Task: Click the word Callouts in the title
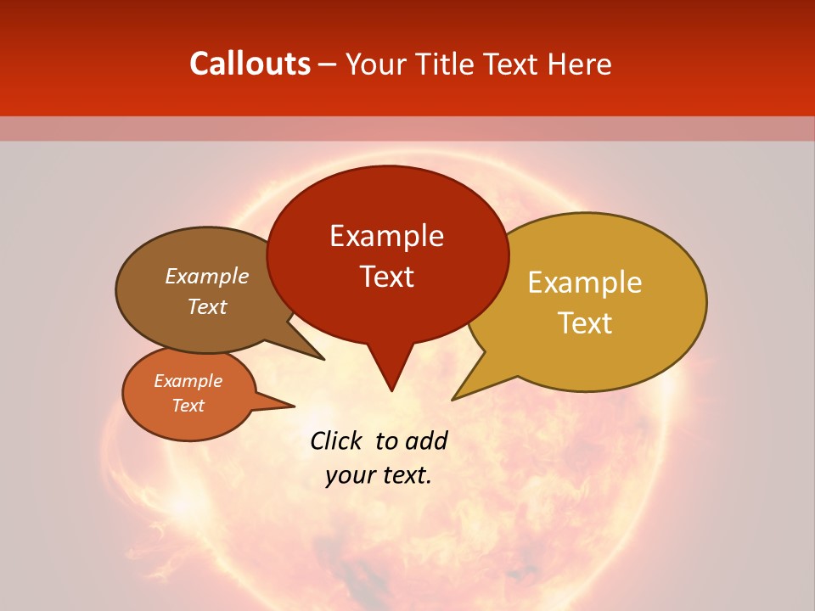pos(250,64)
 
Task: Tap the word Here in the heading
pos(580,64)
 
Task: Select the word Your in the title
pos(373,64)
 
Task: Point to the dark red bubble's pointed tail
pos(391,373)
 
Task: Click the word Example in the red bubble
pos(386,236)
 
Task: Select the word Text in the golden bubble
pos(586,323)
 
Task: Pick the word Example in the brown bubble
pos(207,276)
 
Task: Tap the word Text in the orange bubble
pos(188,406)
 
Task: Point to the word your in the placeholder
pos(348,475)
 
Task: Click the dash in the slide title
pos(329,64)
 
